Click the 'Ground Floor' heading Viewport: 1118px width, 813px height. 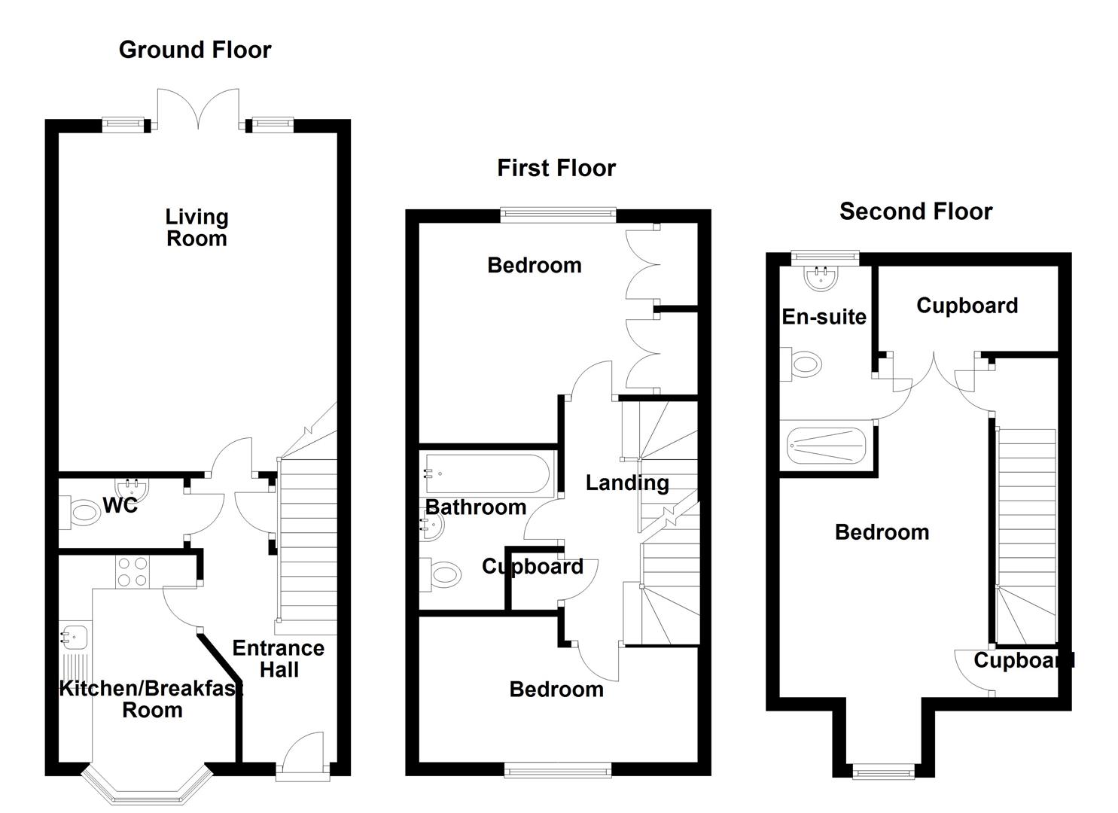195,50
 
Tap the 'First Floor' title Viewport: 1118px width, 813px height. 556,168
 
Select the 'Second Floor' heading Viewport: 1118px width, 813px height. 916,212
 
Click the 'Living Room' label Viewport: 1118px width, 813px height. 196,227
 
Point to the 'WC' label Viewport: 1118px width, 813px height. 120,506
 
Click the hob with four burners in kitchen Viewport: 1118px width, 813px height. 133,572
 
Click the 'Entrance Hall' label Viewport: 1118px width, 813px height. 279,659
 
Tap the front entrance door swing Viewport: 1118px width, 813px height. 303,752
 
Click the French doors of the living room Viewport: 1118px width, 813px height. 198,109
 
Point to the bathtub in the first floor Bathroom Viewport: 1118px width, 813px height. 487,474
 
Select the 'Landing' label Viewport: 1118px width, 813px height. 627,483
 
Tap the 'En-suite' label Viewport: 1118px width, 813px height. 824,317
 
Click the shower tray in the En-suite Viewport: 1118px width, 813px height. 826,446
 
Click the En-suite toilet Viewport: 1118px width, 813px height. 801,364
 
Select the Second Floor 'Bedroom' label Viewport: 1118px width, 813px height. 882,532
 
